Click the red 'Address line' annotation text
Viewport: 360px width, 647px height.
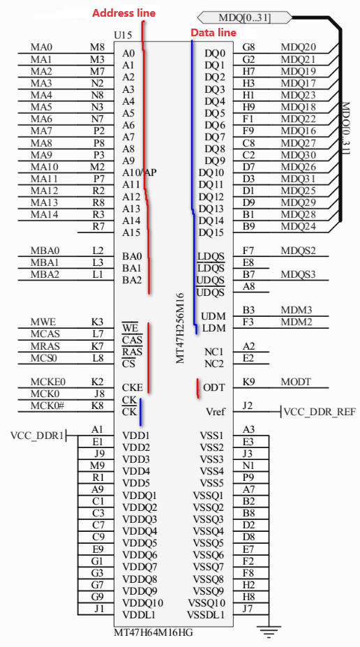point(123,13)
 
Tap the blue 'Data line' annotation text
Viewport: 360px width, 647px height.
point(213,33)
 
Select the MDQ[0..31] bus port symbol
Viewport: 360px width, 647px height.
point(245,17)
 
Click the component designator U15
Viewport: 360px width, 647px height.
point(123,35)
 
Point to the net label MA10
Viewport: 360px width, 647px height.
point(44,167)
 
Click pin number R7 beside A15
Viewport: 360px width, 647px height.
point(98,227)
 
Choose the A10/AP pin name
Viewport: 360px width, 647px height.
point(140,172)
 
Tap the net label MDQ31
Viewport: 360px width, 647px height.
point(298,179)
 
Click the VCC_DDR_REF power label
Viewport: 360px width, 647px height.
point(320,412)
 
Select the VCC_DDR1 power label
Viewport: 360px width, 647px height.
point(37,436)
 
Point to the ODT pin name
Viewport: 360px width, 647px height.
point(214,388)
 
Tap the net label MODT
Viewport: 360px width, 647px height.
point(295,382)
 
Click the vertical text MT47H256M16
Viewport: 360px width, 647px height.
point(180,329)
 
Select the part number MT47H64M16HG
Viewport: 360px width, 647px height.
point(153,632)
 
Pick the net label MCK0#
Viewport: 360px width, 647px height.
point(47,406)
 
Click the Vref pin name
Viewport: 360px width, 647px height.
point(216,412)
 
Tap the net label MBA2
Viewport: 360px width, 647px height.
point(45,274)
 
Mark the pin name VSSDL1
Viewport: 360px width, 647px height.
point(206,615)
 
